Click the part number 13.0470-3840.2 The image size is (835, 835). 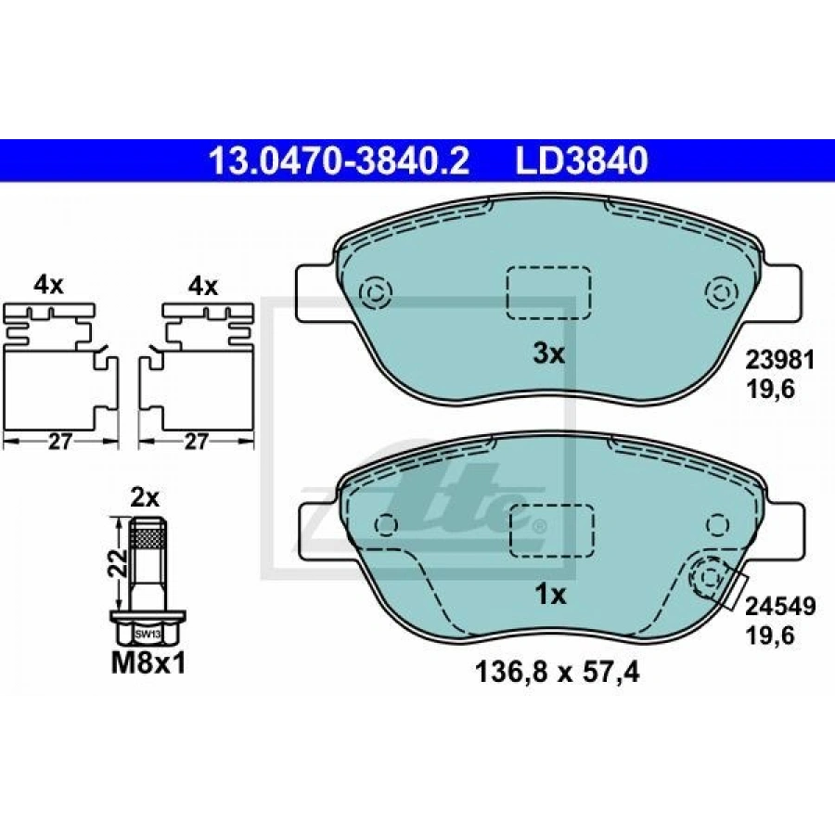pyautogui.click(x=340, y=161)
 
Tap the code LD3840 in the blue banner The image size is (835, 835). pyautogui.click(x=581, y=161)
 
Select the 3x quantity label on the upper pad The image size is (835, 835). pyautogui.click(x=548, y=353)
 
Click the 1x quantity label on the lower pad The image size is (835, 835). pyautogui.click(x=550, y=595)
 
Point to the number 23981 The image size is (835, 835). pyautogui.click(x=779, y=361)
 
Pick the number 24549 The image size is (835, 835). pyautogui.click(x=780, y=607)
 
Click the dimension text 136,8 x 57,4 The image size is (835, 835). pyautogui.click(x=557, y=673)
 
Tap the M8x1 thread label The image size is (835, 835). pyautogui.click(x=148, y=663)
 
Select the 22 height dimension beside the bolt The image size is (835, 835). pyautogui.click(x=117, y=563)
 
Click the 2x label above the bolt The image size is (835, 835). pyautogui.click(x=145, y=498)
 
